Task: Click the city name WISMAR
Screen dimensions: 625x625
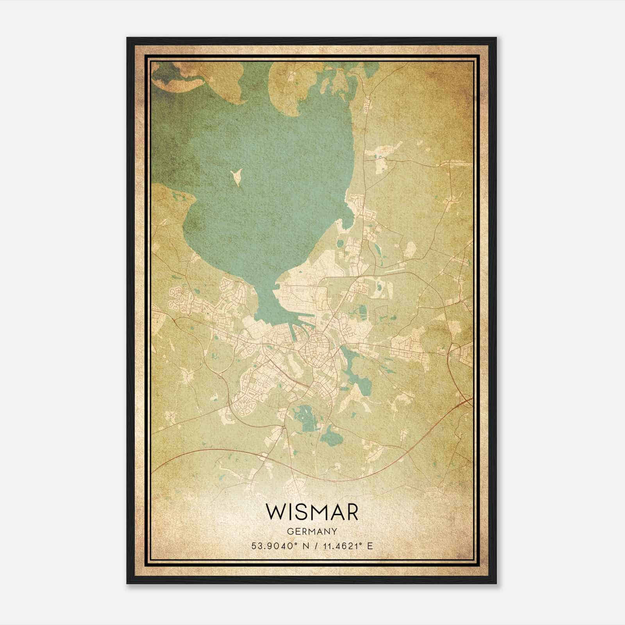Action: point(312,512)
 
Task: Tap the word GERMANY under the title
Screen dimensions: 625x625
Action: point(312,531)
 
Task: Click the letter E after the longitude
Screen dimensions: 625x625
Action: point(370,546)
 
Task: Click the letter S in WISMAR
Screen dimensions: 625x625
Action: point(298,512)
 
